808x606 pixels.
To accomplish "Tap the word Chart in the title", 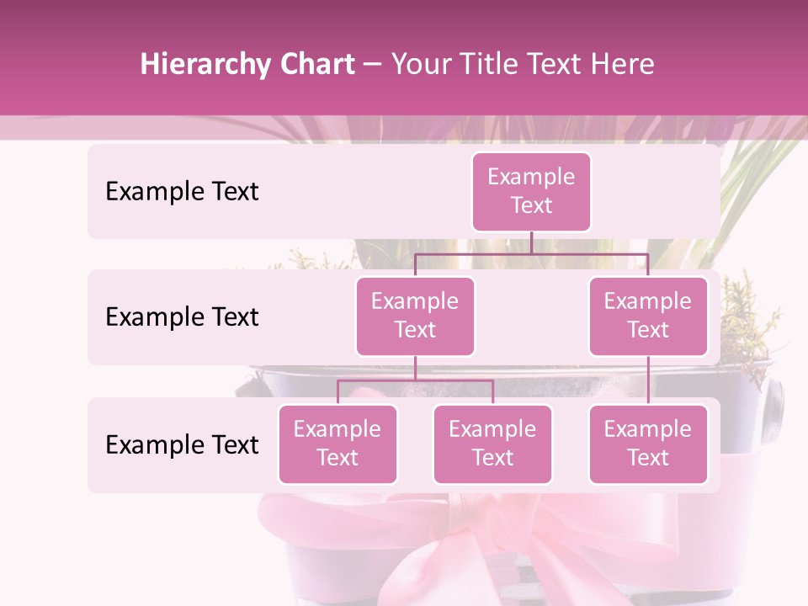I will point(313,65).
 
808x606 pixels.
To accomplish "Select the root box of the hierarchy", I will point(531,192).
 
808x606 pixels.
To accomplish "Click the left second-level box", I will point(415,316).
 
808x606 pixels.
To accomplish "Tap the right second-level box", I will point(648,316).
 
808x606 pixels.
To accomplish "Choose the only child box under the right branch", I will point(648,444).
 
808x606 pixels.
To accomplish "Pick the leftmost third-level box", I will point(338,444).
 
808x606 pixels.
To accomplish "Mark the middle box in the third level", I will point(492,444).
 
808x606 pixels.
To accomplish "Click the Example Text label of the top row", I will point(182,192).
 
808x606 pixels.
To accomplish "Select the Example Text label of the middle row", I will point(182,317).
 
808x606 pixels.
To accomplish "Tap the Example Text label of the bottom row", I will point(182,445).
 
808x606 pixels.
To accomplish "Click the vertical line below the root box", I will point(531,242).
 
